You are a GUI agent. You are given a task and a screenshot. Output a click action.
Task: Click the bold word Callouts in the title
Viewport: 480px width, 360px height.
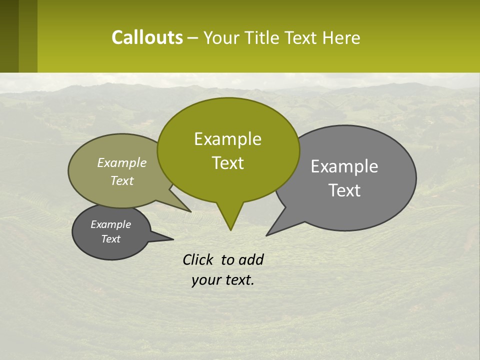147,37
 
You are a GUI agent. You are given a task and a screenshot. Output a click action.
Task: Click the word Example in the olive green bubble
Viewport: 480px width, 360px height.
227,139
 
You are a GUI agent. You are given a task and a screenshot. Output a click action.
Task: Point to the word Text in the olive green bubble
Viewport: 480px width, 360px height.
227,163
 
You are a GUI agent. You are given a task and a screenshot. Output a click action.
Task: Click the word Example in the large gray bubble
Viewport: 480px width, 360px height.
344,166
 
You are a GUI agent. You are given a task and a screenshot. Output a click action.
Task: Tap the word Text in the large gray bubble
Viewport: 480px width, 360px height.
344,190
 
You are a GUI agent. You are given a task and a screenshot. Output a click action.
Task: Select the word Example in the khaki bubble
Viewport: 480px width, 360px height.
122,162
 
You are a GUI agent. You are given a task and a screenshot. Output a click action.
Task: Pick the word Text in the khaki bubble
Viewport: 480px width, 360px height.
122,180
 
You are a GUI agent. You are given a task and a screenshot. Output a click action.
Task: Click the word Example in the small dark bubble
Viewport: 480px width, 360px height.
110,224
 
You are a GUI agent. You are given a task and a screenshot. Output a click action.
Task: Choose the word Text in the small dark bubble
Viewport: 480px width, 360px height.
110,239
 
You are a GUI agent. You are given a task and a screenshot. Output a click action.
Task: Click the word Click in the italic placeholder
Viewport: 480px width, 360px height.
199,259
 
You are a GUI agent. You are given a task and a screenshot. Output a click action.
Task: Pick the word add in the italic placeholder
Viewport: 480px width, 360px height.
250,259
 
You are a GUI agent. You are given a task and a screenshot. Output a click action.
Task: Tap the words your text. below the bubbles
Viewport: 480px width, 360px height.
222,280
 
